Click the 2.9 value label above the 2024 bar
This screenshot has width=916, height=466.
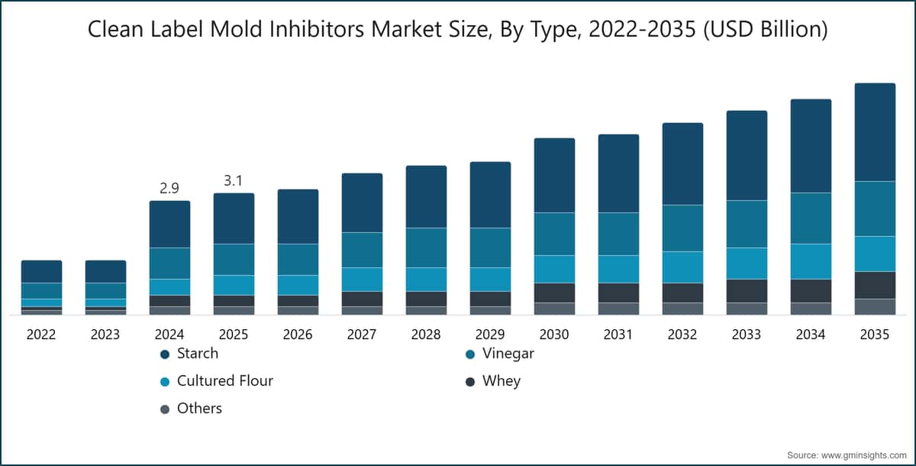click(x=169, y=188)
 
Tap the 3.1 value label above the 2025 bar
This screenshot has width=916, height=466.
click(x=233, y=180)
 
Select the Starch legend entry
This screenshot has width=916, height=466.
click(x=189, y=354)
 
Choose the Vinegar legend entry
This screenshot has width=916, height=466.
click(x=500, y=354)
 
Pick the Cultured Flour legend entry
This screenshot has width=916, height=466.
click(x=217, y=381)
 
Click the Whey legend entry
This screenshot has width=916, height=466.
click(x=493, y=381)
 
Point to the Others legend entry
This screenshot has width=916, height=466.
click(x=191, y=408)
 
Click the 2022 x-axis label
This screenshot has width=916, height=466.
click(x=41, y=335)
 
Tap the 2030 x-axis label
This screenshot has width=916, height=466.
click(x=554, y=335)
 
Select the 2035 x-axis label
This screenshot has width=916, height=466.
click(x=875, y=335)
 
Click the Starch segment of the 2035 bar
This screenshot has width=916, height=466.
click(x=875, y=132)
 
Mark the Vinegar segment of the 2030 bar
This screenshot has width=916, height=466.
click(x=554, y=234)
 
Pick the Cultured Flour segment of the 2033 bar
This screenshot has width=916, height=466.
click(x=747, y=264)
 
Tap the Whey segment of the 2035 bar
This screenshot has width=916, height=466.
click(x=875, y=285)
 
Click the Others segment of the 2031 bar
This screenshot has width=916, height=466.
click(x=619, y=309)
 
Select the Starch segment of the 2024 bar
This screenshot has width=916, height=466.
click(x=169, y=224)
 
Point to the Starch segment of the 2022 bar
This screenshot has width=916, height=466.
click(x=42, y=272)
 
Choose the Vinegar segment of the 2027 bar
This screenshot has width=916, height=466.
click(x=363, y=250)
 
